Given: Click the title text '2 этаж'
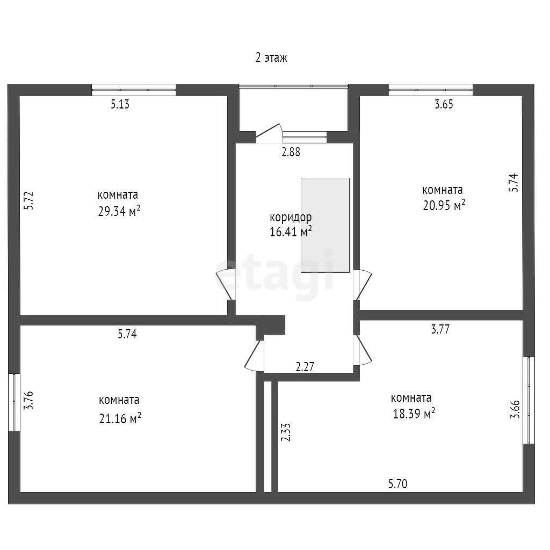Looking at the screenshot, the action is tap(271, 57).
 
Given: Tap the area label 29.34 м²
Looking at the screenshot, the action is tap(119, 212).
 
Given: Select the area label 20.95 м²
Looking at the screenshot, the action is tap(444, 205).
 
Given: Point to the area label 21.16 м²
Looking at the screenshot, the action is tap(120, 418).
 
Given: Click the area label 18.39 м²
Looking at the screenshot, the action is tap(414, 414).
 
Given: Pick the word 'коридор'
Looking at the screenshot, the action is tap(291, 218).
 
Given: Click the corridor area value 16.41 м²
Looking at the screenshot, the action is tap(291, 232).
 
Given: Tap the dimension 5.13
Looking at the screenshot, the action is tap(120, 104).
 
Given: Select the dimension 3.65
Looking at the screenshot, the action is tap(444, 104).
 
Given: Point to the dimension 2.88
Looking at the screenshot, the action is tap(291, 152).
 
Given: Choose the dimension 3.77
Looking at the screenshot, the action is tap(440, 329).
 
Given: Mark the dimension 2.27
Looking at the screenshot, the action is tap(305, 367).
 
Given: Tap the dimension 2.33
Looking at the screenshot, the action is tap(286, 432).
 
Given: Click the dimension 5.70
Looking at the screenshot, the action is tap(398, 484).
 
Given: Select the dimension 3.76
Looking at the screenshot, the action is tap(28, 400).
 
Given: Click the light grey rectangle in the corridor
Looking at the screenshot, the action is tap(325, 225).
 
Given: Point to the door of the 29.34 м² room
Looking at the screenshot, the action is tap(226, 285).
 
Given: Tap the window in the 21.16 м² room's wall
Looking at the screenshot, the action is tap(15, 402).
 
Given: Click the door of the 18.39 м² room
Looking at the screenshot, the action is tap(363, 350).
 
